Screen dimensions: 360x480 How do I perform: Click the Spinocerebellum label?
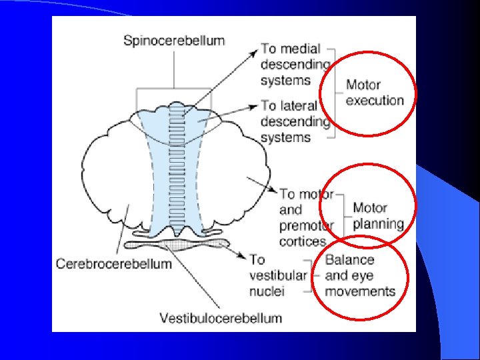(174, 40)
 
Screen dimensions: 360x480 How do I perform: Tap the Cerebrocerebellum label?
(114, 264)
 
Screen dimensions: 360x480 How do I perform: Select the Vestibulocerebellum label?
(221, 317)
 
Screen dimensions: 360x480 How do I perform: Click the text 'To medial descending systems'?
(295, 65)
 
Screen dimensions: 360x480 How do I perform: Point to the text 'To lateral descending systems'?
(295, 121)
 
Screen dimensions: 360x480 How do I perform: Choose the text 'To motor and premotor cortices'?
(306, 218)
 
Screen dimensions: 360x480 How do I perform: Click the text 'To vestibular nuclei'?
(278, 275)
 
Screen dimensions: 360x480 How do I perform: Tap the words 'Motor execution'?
(375, 93)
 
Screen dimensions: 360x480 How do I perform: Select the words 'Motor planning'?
(378, 216)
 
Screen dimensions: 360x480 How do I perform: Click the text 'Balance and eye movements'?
(359, 275)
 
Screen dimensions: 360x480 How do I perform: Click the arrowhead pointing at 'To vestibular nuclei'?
(241, 255)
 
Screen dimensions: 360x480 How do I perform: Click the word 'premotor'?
(306, 226)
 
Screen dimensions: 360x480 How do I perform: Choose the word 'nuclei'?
(267, 291)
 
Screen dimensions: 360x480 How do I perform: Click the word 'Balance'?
(349, 260)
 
